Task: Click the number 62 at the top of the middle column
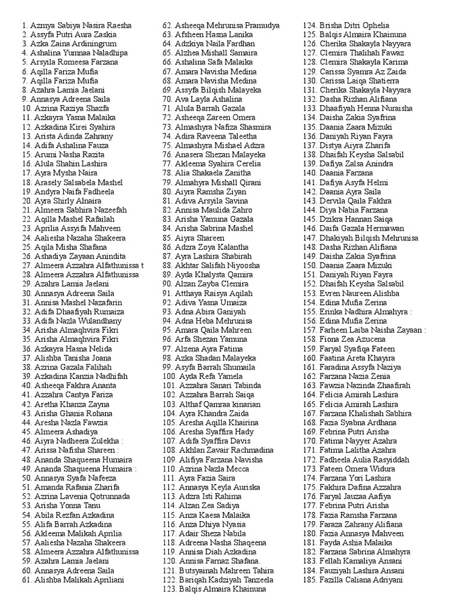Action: (x=168, y=26)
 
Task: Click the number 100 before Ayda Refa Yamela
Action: (x=170, y=376)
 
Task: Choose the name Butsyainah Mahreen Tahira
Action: (x=226, y=571)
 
